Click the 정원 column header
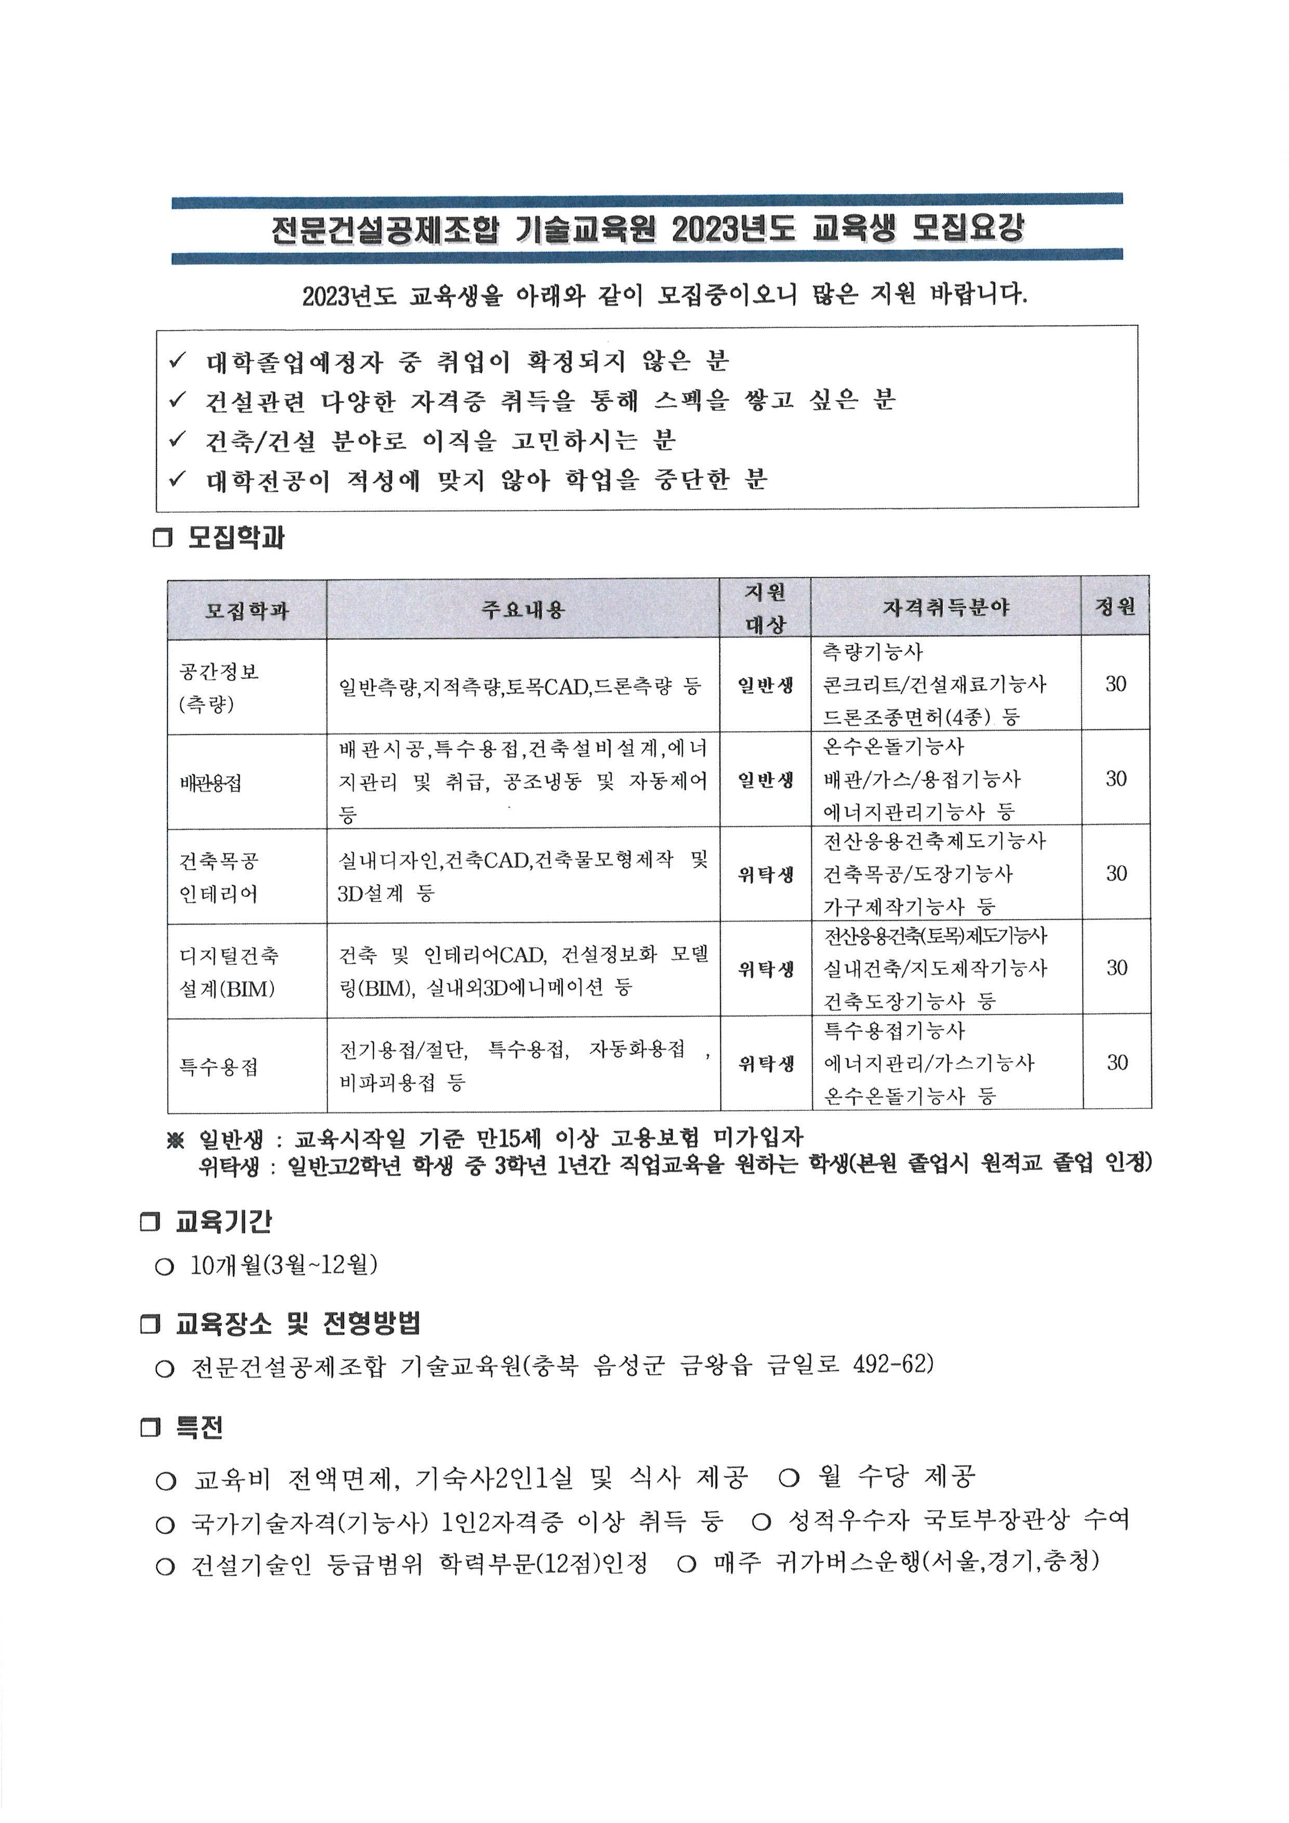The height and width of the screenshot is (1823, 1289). tap(1115, 607)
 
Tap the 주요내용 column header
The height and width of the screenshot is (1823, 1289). tap(522, 610)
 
